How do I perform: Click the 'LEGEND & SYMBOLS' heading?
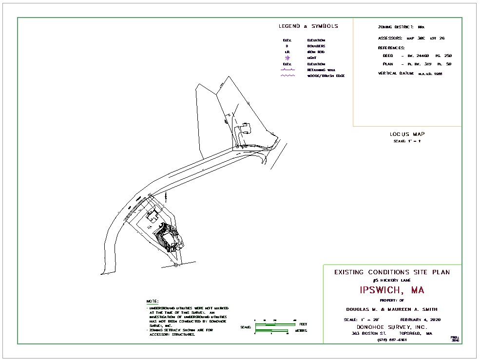pos(308,26)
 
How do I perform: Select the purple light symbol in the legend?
pos(287,58)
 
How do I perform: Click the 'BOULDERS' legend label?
pos(316,46)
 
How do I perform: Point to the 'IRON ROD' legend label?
pos(316,52)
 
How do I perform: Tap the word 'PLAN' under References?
pos(388,64)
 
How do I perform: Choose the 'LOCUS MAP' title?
pos(407,134)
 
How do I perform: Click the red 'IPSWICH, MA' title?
pos(392,290)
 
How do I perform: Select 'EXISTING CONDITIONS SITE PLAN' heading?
pos(392,272)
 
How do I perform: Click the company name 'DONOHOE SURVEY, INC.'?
pos(392,327)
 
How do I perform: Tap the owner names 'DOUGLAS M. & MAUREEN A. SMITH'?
pos(392,309)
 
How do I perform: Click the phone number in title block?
pos(392,340)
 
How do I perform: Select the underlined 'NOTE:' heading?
pos(153,302)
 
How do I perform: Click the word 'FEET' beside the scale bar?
pos(303,324)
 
